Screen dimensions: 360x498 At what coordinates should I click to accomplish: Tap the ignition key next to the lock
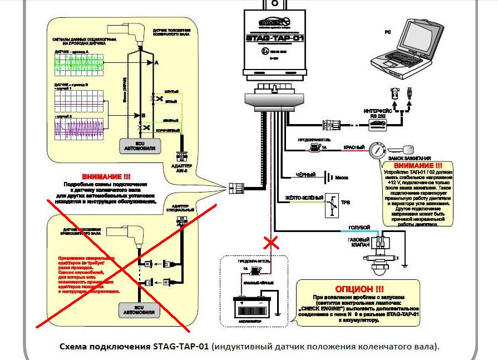402,149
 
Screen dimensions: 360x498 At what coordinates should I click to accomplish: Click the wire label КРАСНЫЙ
353,147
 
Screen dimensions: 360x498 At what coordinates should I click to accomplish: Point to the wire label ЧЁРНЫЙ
305,175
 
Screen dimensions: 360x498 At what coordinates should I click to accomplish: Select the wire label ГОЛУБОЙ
359,228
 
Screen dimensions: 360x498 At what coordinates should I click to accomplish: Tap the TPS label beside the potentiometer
345,203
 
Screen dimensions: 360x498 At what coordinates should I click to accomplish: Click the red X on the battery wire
272,243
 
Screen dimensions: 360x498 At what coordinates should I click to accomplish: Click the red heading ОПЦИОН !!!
359,289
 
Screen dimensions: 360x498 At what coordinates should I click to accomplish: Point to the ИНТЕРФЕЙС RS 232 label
378,113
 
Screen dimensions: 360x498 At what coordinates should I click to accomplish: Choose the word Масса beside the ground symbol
341,177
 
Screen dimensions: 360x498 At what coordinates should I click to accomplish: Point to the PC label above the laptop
387,32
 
